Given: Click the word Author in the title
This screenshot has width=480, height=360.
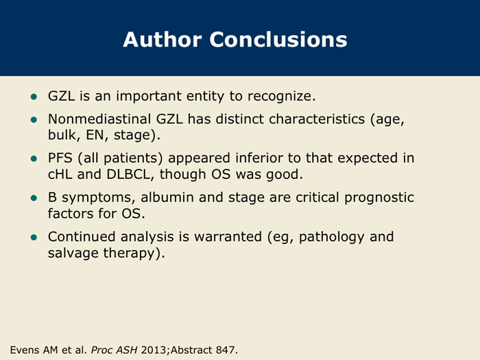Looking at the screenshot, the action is [163, 40].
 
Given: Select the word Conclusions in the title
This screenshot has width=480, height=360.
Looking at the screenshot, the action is [278, 40].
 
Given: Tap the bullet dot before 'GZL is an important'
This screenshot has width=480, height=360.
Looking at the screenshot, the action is [34, 97].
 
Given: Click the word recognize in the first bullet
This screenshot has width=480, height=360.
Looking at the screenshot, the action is [281, 97].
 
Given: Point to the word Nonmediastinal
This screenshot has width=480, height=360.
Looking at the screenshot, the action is [99, 119].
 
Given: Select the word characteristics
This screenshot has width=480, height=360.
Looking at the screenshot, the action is [317, 119].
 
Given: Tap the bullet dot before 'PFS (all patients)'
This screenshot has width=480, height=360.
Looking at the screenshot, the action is [34, 159].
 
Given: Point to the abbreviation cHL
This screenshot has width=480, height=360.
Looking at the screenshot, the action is [60, 174].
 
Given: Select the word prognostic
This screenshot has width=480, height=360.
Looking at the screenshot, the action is [379, 198].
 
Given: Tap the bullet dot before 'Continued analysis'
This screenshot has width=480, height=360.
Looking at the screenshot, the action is [34, 237].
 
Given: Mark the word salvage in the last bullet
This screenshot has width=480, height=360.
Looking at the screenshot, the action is [73, 254].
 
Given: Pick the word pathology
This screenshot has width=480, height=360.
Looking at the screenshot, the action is [331, 237].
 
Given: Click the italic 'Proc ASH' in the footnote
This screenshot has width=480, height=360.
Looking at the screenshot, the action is [115, 350].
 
